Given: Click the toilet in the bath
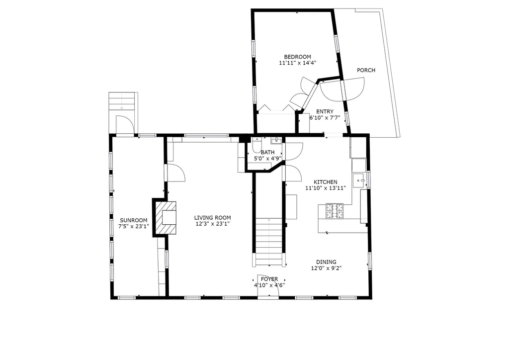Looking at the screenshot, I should coord(256,145).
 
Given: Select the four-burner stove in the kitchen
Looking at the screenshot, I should coord(335,211).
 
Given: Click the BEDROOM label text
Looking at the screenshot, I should coord(297,57).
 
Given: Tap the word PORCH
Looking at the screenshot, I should coord(366,70).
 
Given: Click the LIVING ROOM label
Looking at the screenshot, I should coord(212,217).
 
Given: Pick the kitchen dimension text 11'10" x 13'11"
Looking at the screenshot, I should coord(325,188).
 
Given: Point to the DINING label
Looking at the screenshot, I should coord(326,262).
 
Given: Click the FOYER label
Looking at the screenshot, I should coord(269,279).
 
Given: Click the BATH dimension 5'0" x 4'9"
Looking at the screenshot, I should coord(267,159).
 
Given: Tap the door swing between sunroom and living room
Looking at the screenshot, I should coord(175,173).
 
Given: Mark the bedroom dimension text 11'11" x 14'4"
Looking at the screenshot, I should coord(297,63).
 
